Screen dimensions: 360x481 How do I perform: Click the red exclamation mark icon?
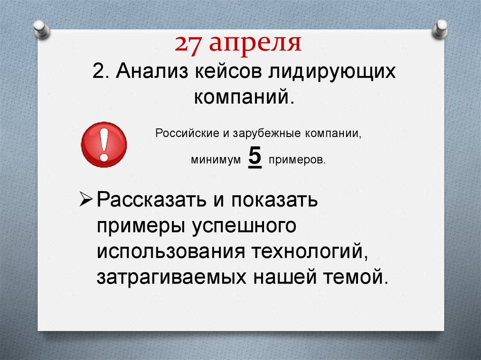(104, 144)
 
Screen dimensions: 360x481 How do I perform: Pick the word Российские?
(186, 133)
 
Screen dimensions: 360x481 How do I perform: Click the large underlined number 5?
(254, 157)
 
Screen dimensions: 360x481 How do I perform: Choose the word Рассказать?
(150, 202)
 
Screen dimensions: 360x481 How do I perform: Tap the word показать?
(272, 202)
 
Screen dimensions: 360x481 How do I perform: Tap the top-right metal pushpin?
(441, 28)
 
